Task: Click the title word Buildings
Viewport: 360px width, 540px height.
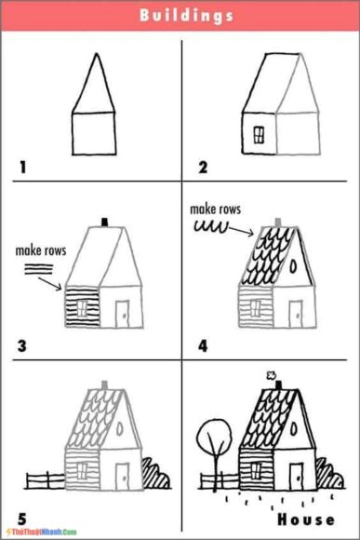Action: [186, 16]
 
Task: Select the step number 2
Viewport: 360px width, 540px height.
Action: [202, 168]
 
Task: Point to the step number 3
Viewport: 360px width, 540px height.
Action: [22, 346]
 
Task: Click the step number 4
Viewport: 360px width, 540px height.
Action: [202, 346]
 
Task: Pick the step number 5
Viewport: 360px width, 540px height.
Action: [21, 513]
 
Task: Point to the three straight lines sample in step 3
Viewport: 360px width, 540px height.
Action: [34, 268]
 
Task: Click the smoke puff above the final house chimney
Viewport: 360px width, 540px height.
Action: [273, 376]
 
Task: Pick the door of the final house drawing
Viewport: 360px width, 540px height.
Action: [296, 475]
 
